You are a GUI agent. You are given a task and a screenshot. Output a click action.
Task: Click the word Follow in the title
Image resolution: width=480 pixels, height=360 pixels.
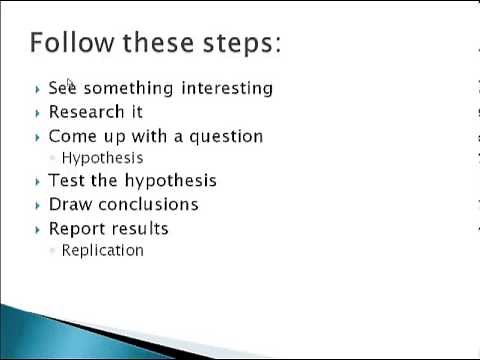pyautogui.click(x=73, y=43)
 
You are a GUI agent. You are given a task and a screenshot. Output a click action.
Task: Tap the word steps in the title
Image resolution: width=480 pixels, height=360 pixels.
pyautogui.click(x=241, y=44)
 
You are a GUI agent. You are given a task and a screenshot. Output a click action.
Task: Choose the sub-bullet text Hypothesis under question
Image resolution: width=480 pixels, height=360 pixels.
pyautogui.click(x=102, y=158)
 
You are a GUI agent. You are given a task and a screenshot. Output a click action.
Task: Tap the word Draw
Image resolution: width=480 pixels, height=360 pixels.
pyautogui.click(x=70, y=204)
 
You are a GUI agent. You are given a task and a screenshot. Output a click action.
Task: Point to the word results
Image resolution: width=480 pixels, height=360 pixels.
pyautogui.click(x=139, y=228)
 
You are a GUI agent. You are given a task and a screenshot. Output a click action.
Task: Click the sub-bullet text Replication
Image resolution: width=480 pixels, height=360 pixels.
pyautogui.click(x=102, y=250)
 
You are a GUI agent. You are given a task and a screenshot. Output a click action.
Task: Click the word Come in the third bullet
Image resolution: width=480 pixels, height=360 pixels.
pyautogui.click(x=71, y=136)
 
